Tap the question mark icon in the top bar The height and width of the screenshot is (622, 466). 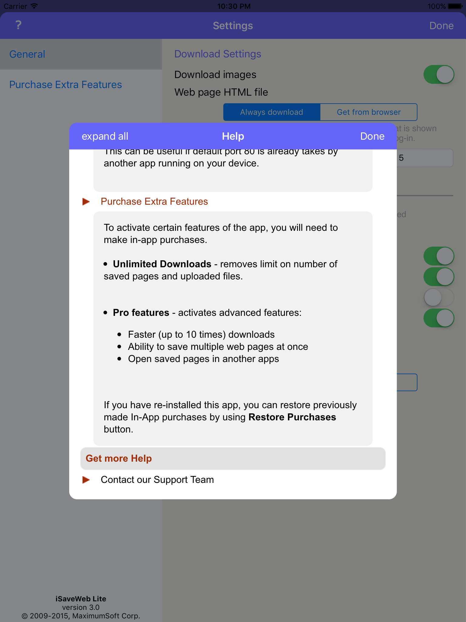[x=19, y=25]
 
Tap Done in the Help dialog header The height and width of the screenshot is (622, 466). [x=372, y=136]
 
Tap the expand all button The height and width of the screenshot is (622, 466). [x=105, y=136]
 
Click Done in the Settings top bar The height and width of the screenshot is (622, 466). [x=441, y=26]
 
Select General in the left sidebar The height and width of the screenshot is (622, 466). [x=27, y=54]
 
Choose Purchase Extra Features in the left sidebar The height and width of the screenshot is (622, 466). [x=66, y=85]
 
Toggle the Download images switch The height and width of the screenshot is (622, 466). [x=438, y=75]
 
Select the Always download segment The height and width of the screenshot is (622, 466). [x=272, y=112]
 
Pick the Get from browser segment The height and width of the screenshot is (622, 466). [x=369, y=112]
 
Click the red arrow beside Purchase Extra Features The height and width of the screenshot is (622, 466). [x=86, y=202]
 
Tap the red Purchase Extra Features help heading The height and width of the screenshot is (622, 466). [x=154, y=202]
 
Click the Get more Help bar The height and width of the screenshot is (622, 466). [x=233, y=459]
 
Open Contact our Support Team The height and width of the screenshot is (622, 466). [x=157, y=480]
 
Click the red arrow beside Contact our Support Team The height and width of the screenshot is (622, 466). [x=86, y=480]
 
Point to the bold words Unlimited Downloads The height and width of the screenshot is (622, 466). [x=162, y=264]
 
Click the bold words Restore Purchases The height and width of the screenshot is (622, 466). [x=292, y=417]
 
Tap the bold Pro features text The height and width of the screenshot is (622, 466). [x=141, y=313]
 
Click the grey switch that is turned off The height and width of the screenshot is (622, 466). [x=438, y=297]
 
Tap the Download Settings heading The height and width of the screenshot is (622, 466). [x=218, y=54]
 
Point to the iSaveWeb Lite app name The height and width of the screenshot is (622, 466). [x=81, y=599]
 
